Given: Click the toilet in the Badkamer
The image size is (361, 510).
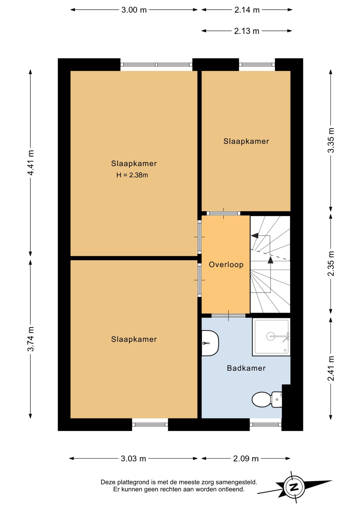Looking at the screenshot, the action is (x=267, y=399).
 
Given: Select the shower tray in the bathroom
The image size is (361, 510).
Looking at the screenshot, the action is (x=271, y=337).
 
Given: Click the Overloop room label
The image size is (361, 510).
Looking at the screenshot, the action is (x=226, y=265).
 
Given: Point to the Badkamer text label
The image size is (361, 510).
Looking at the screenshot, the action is (x=246, y=368).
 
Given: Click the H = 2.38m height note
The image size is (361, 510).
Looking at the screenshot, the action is (x=132, y=175).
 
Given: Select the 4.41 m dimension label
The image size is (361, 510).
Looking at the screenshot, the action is (x=31, y=163).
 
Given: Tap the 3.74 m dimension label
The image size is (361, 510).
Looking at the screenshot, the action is (x=31, y=339).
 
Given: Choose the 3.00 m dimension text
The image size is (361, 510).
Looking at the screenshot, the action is (x=134, y=10).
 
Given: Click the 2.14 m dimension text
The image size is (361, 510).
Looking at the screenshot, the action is (x=247, y=10).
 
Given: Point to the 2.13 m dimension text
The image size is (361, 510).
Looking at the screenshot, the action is (x=247, y=31).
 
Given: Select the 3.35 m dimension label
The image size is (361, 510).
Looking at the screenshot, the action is (x=331, y=140).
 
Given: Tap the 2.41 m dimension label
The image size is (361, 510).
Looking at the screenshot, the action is (x=331, y=368).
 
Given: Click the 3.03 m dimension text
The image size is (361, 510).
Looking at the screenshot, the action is (x=133, y=459).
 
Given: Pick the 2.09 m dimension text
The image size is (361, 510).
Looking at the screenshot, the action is (x=246, y=459).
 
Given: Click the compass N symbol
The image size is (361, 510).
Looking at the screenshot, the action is (x=294, y=487).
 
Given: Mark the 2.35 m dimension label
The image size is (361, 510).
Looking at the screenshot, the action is (x=331, y=263).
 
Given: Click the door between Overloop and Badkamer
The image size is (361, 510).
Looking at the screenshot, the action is (x=228, y=316).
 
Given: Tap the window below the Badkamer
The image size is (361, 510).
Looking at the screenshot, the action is (x=266, y=424).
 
